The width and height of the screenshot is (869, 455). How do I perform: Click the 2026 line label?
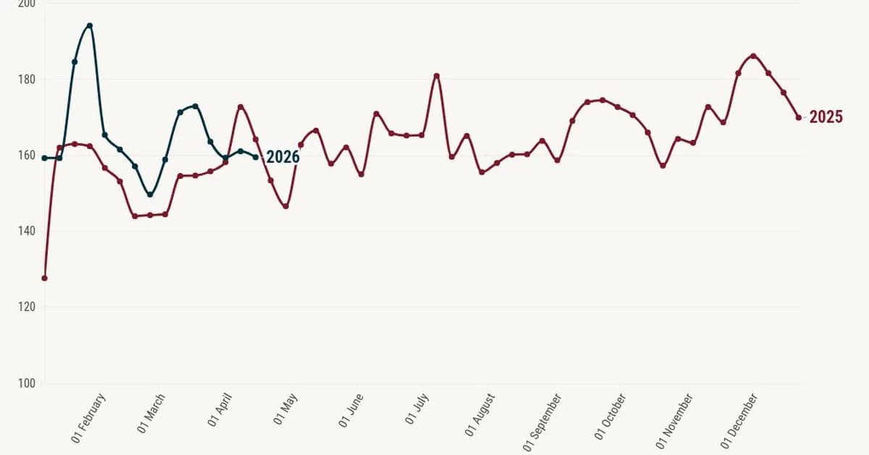[x=282, y=157]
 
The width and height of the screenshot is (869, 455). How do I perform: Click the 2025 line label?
[x=826, y=117]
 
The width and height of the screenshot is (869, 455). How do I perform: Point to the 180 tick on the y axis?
[x=26, y=79]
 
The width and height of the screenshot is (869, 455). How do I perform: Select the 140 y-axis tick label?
[x=26, y=231]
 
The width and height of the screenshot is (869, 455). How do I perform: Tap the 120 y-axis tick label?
[x=26, y=307]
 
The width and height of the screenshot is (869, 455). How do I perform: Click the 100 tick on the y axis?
[x=26, y=383]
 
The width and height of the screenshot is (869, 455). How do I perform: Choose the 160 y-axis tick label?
[x=26, y=155]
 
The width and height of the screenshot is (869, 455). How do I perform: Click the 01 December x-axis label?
[x=739, y=420]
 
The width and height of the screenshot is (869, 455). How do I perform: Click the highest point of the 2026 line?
[x=90, y=25]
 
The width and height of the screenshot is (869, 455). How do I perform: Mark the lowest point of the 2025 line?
[x=45, y=278]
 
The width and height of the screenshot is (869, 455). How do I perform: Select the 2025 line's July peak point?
[x=437, y=75]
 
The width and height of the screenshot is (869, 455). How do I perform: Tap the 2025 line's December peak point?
[x=753, y=56]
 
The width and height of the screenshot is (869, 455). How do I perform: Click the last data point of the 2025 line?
[x=799, y=117]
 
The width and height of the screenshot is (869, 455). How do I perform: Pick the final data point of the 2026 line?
[x=256, y=156]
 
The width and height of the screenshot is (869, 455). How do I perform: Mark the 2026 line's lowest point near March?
[x=150, y=194]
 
